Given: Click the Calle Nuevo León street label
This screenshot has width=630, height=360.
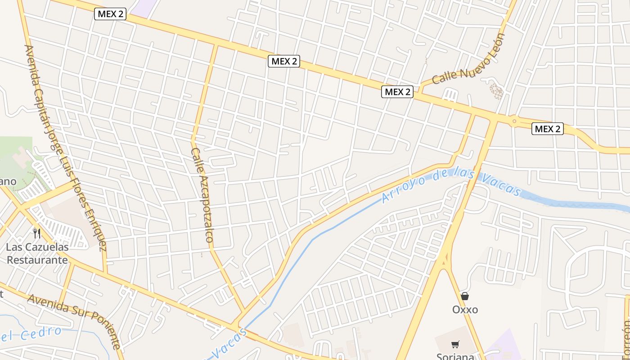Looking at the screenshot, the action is tap(468, 59).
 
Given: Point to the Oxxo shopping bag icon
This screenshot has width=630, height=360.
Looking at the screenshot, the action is tap(465, 296).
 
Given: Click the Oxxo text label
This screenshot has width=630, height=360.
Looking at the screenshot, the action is tap(465, 310).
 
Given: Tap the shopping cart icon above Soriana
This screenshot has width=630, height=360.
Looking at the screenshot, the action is tap(455, 344).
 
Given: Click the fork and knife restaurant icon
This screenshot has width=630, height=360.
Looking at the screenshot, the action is tap(37, 234).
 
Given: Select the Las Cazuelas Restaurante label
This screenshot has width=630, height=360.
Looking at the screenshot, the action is tap(37, 253).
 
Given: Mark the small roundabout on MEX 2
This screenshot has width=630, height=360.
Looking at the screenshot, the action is tap(513, 121).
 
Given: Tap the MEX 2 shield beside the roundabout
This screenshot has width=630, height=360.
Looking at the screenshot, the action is tap(548, 129).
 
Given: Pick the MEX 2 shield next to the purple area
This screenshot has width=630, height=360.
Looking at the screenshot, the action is tap(110, 14).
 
